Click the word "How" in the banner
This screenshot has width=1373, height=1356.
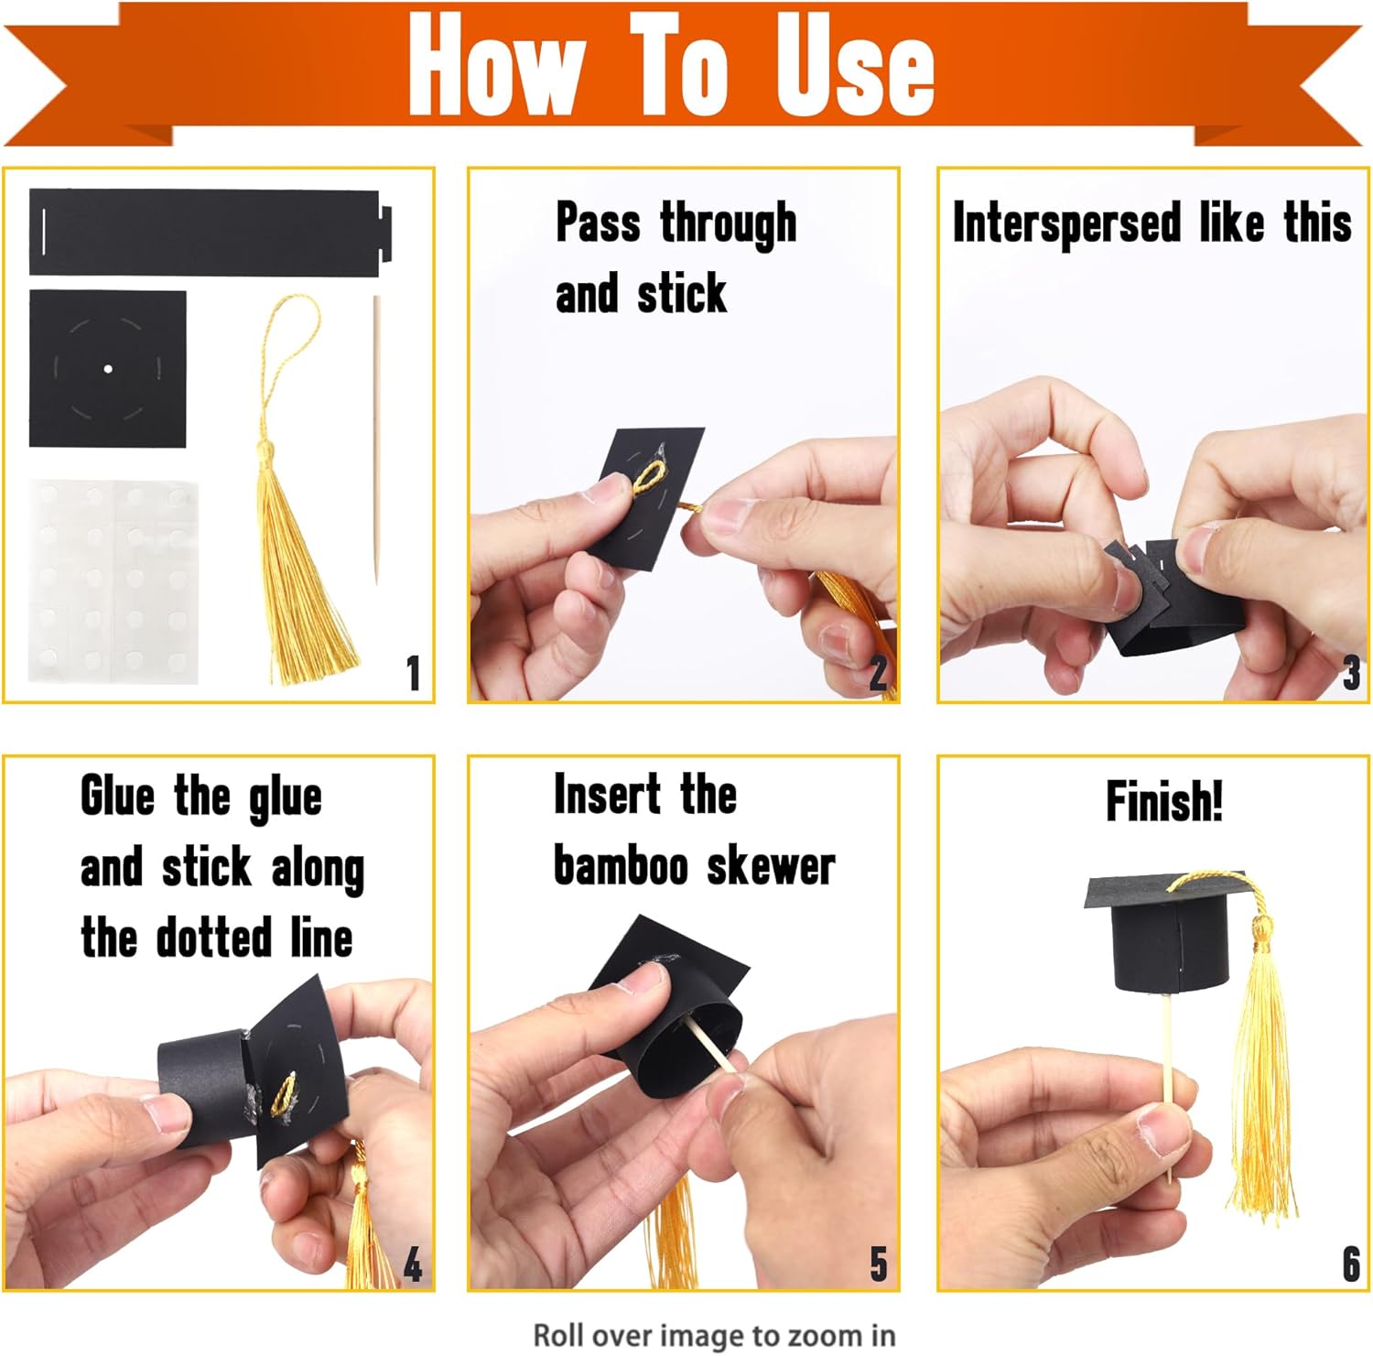(x=495, y=65)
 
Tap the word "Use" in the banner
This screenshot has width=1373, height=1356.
(x=854, y=65)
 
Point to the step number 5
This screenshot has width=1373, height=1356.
(x=879, y=1264)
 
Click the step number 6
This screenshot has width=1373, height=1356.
(x=1351, y=1264)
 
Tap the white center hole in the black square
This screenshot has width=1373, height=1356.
(x=108, y=369)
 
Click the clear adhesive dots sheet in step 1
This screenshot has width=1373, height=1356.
(x=113, y=580)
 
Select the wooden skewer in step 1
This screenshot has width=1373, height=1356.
(x=375, y=439)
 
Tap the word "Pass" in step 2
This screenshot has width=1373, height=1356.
(x=598, y=223)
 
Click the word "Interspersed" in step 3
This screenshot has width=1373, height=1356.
(x=1067, y=224)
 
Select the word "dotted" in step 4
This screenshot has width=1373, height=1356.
(x=214, y=938)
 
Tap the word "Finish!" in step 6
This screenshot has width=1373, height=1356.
(x=1164, y=801)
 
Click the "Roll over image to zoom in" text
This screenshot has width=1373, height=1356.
(x=714, y=1335)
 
